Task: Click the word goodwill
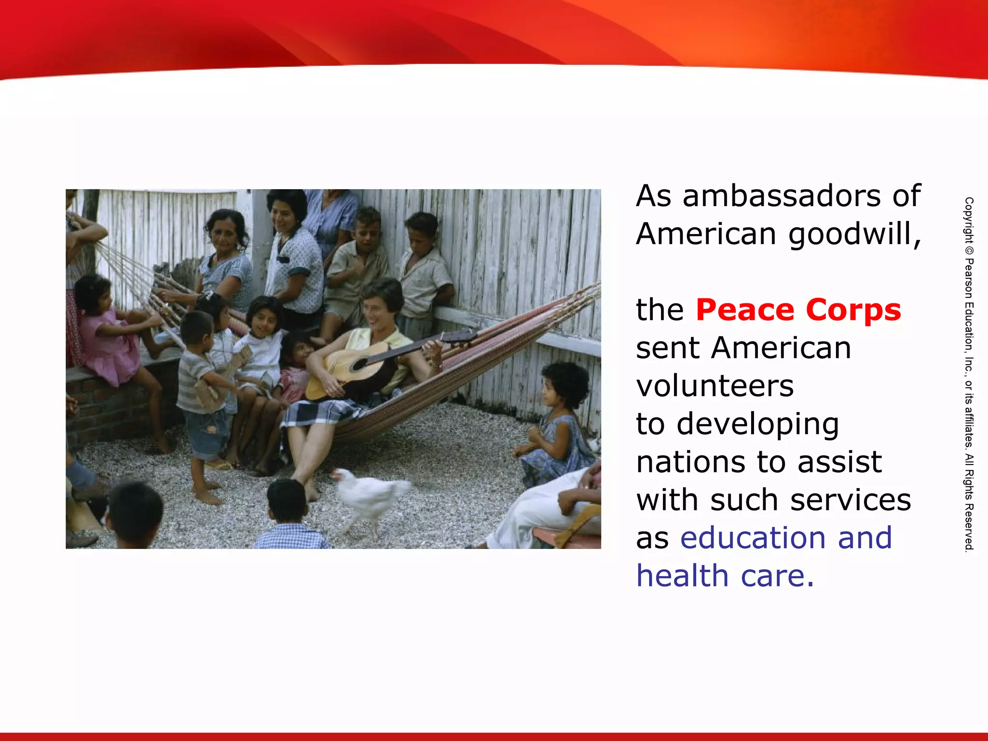pyautogui.click(x=853, y=234)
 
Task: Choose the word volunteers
pyautogui.click(x=714, y=386)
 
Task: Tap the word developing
pyautogui.click(x=757, y=425)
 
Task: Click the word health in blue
pyautogui.click(x=682, y=576)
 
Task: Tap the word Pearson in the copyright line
pyautogui.click(x=969, y=280)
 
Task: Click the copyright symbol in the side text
pyautogui.click(x=969, y=251)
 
